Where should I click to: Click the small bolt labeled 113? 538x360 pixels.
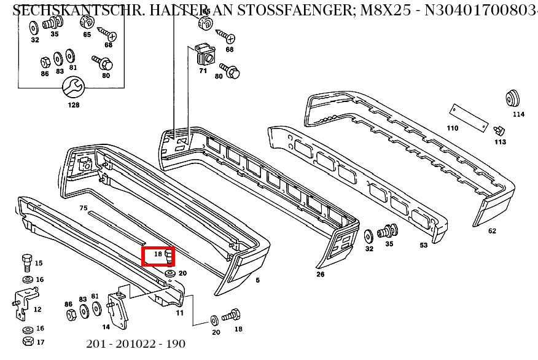pyautogui.click(x=500, y=130)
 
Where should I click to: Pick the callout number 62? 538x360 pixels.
pyautogui.click(x=492, y=231)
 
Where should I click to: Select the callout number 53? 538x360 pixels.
pyautogui.click(x=423, y=246)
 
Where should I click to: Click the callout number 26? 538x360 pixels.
pyautogui.click(x=320, y=274)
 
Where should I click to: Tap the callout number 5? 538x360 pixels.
pyautogui.click(x=257, y=280)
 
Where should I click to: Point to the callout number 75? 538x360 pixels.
pyautogui.click(x=84, y=208)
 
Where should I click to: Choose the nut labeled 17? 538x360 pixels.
pyautogui.click(x=26, y=341)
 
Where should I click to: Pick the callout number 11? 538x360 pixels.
pyautogui.click(x=179, y=313)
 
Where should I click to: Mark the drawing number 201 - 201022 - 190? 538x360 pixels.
pyautogui.click(x=136, y=344)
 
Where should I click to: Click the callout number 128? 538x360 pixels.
pyautogui.click(x=73, y=105)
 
